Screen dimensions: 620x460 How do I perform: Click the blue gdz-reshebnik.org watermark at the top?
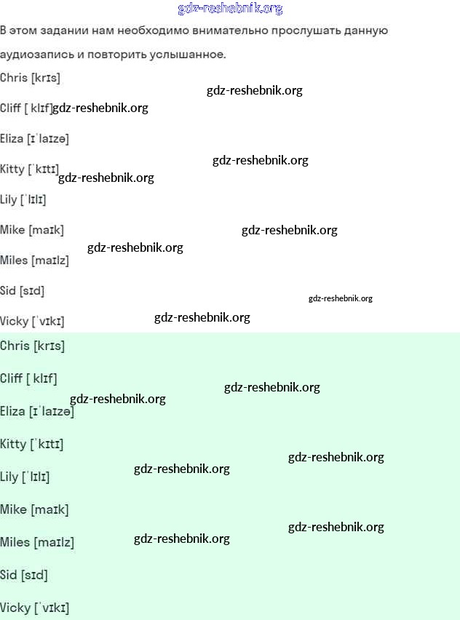(230, 9)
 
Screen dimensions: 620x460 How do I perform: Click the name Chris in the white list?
(14, 78)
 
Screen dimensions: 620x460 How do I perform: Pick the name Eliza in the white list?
(12, 138)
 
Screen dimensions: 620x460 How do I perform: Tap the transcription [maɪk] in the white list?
(46, 230)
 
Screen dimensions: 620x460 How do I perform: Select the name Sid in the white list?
(8, 290)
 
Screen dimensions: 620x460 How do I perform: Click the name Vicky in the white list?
(14, 321)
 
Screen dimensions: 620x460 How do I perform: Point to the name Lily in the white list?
(8, 199)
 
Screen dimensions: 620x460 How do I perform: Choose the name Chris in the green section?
(15, 346)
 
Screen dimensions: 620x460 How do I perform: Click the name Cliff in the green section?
(11, 378)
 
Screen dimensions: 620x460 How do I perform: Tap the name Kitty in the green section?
(12, 444)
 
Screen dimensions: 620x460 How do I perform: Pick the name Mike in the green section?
(13, 509)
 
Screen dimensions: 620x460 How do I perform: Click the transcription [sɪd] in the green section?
(34, 575)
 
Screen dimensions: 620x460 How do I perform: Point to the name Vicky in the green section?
(15, 608)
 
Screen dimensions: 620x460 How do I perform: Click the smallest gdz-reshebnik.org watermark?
(340, 298)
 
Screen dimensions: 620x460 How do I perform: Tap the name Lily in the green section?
(9, 477)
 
